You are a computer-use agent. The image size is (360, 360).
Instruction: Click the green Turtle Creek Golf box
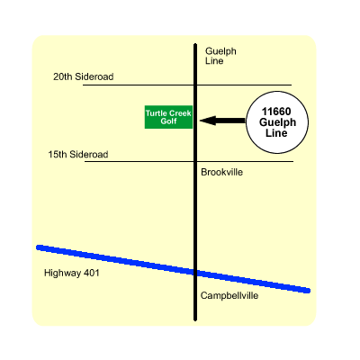click(168, 117)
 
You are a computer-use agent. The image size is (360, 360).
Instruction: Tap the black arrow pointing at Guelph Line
click(222, 121)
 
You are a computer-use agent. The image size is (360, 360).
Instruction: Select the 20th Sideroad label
click(84, 76)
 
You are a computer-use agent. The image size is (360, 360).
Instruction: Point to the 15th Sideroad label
click(78, 155)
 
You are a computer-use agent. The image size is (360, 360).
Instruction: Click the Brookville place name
click(221, 172)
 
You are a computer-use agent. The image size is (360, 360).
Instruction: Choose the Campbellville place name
click(229, 295)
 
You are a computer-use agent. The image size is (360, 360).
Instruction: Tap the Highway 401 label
click(71, 273)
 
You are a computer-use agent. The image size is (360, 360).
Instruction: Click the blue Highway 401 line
click(174, 269)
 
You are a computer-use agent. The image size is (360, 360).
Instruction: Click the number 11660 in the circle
click(276, 112)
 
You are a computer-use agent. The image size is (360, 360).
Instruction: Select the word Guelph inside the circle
click(277, 122)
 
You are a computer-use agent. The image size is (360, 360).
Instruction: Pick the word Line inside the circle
click(276, 133)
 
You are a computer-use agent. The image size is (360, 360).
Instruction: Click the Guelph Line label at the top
click(220, 56)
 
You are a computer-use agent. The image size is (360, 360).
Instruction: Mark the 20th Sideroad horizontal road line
click(187, 85)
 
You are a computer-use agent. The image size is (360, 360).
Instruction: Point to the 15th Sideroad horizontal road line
click(189, 161)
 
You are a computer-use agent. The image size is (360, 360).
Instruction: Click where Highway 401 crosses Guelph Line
click(195, 273)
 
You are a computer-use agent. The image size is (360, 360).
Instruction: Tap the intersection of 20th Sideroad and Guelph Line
click(195, 85)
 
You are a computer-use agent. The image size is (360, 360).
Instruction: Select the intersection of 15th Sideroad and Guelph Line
click(195, 161)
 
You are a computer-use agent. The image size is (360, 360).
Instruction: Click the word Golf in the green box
click(168, 121)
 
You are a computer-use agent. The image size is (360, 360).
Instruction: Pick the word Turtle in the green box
click(156, 113)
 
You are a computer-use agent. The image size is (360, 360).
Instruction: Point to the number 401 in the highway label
click(92, 273)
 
